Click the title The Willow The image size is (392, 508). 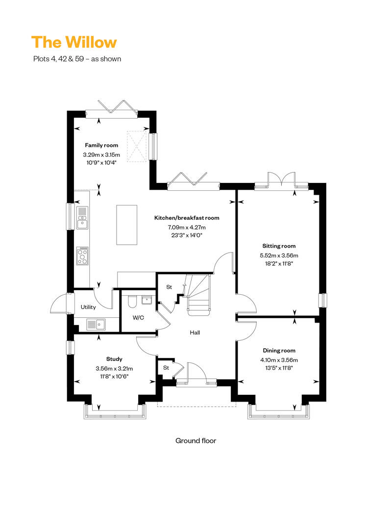pos(74,43)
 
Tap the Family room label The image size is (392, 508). pos(101,145)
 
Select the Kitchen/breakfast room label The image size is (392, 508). pos(187,218)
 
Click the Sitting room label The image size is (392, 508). pos(279,246)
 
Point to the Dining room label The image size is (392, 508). pos(279,350)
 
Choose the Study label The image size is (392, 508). pos(114,359)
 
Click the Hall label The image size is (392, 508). pos(195,332)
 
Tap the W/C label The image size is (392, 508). pos(138,318)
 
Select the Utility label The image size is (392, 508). pos(88,307)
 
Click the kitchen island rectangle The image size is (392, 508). pos(126,225)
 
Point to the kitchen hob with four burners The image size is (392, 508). pos(82,256)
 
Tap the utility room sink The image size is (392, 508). pos(96,324)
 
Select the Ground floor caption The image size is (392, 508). pos(196,441)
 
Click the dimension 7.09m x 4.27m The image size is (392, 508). pos(187,228)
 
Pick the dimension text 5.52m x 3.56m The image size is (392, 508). pos(279,255)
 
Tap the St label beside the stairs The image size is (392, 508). pos(169,287)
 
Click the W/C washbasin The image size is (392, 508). pos(147,300)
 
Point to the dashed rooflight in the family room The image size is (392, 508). pos(137,146)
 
